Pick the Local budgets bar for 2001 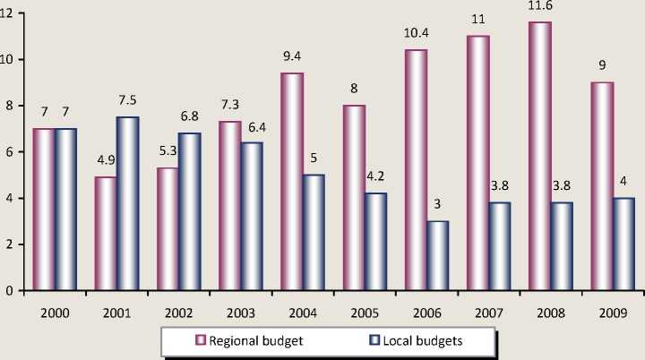(130, 203)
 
